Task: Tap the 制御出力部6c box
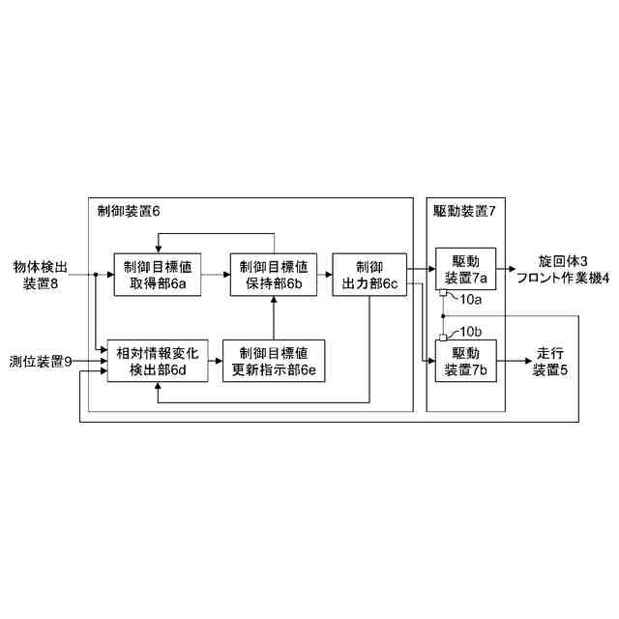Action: click(369, 275)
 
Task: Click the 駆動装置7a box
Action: click(465, 270)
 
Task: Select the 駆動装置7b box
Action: click(465, 360)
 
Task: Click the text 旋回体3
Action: click(563, 262)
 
